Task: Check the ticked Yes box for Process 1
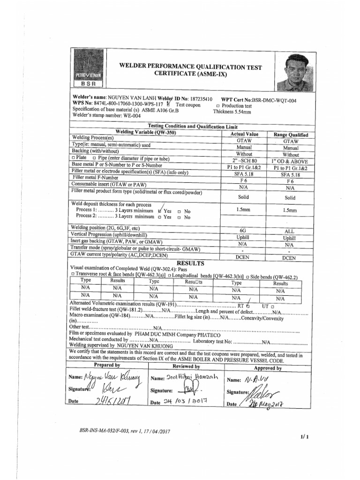pyautogui.click(x=161, y=210)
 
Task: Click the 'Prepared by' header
pyautogui.click(x=107, y=365)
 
